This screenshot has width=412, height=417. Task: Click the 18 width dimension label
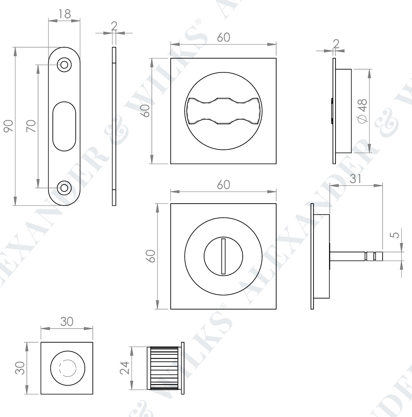[64, 14]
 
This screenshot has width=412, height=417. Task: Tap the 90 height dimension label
[8, 126]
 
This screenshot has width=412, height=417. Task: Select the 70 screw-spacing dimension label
[31, 126]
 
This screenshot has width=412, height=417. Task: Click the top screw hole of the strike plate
[64, 65]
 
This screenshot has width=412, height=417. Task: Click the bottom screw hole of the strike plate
[64, 188]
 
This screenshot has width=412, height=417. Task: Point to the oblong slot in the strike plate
[64, 126]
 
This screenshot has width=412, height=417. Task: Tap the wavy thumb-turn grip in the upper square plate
[223, 111]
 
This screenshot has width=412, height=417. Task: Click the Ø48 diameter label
[362, 111]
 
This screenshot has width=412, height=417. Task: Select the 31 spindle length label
[356, 179]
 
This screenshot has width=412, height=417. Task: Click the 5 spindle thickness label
[396, 235]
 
